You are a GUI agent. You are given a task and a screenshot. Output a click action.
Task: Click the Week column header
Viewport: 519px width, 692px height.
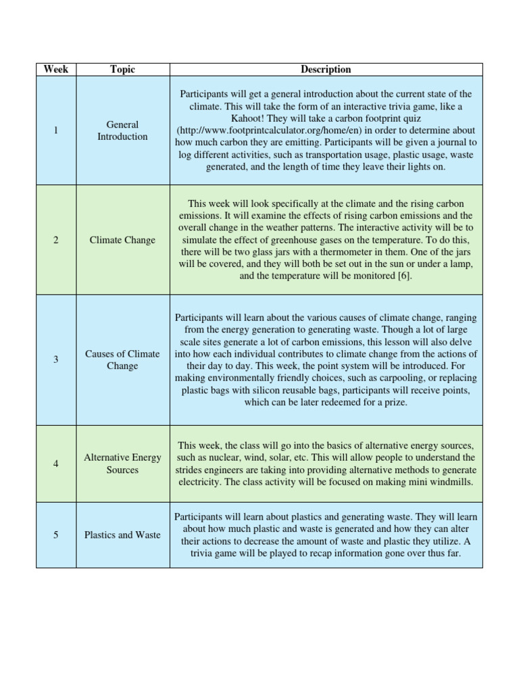tap(56, 70)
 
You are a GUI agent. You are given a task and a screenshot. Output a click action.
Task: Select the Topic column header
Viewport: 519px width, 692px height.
tap(122, 70)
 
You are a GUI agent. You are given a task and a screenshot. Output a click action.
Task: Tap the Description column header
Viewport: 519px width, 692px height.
tap(326, 70)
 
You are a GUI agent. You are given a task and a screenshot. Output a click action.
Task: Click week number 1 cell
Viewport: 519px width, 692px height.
tap(56, 130)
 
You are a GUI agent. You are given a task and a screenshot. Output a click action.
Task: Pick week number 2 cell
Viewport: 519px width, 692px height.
tap(56, 240)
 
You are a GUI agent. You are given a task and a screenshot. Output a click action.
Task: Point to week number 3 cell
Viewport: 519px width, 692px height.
tap(56, 360)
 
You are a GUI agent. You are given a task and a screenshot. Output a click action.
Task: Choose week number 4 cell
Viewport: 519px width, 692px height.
tap(56, 464)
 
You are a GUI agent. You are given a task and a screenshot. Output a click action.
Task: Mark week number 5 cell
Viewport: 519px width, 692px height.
tap(56, 535)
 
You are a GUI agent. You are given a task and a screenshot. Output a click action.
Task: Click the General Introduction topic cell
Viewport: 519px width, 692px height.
tap(122, 130)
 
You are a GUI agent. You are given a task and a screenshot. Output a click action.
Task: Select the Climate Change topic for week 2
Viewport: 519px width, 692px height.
tap(122, 240)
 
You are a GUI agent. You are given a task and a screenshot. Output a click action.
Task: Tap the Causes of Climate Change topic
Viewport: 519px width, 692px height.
tap(122, 360)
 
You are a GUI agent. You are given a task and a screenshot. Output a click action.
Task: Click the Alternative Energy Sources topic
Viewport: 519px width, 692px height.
tap(122, 464)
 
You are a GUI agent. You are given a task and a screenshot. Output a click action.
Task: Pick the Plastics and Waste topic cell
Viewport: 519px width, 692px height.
tap(122, 535)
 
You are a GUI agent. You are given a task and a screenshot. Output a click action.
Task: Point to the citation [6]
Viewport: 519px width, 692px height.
tap(403, 276)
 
